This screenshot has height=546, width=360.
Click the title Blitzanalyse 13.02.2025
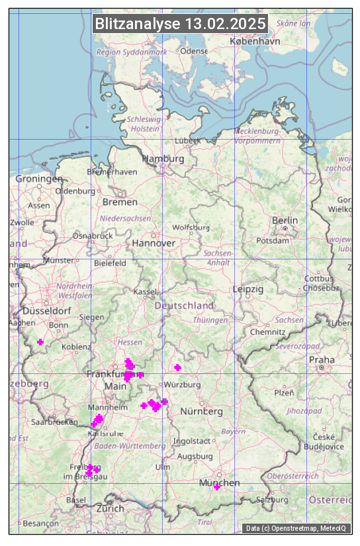tap(180, 24)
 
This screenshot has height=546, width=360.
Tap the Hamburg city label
tap(163, 159)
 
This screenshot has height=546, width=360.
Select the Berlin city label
tap(285, 220)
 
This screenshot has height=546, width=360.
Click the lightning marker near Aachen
tap(40, 341)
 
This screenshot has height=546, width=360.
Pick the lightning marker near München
tap(216, 487)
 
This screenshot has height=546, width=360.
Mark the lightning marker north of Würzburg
tap(177, 367)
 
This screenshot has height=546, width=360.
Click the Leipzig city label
tap(248, 289)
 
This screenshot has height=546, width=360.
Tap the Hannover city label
tap(154, 243)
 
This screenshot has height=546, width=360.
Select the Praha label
tap(321, 359)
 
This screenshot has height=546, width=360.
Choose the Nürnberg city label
tap(201, 411)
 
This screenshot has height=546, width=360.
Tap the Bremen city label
tap(120, 202)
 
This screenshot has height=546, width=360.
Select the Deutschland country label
tap(184, 306)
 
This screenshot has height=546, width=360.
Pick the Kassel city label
tap(144, 291)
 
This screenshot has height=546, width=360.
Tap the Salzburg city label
tap(271, 499)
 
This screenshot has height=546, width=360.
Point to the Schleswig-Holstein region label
tap(144, 124)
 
